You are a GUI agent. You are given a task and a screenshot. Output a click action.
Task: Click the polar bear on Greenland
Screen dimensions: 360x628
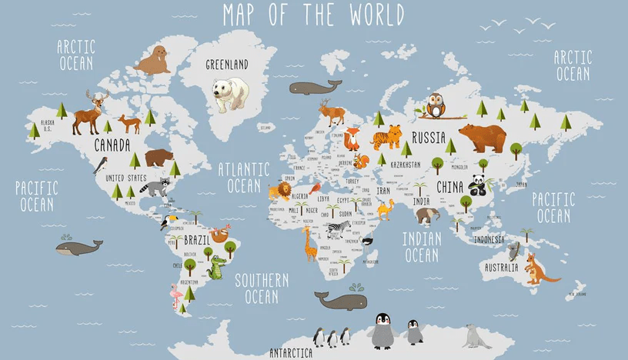pyautogui.click(x=231, y=93)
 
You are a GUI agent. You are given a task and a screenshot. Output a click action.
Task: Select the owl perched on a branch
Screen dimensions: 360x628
pyautogui.click(x=436, y=105)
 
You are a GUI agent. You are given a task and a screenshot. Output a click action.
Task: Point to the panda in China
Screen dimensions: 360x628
pyautogui.click(x=479, y=186)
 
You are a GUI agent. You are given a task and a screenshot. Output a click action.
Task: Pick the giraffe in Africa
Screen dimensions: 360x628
pyautogui.click(x=309, y=243)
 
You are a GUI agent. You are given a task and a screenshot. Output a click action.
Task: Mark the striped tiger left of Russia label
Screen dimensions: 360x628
pyautogui.click(x=387, y=137)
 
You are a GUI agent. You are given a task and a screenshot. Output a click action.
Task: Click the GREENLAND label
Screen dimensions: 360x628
pyautogui.click(x=226, y=65)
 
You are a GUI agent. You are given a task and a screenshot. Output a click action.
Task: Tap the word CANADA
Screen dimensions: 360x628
pyautogui.click(x=112, y=144)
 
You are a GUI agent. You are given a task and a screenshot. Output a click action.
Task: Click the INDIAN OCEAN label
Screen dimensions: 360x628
pyautogui.click(x=423, y=246)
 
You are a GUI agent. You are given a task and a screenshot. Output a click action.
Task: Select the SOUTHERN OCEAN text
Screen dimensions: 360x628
pyautogui.click(x=262, y=288)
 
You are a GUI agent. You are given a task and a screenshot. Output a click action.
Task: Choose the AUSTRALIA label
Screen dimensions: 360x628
pyautogui.click(x=499, y=268)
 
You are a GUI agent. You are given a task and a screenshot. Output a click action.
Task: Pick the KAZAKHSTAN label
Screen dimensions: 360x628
pyautogui.click(x=406, y=165)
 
